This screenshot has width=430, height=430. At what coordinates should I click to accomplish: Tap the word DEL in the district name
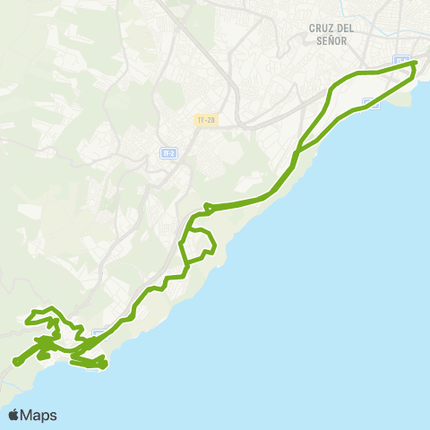346,28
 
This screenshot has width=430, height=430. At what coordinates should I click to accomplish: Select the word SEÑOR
331,40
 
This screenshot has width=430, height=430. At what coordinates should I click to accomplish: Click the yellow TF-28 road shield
205,120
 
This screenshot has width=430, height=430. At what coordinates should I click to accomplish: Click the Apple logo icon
14,415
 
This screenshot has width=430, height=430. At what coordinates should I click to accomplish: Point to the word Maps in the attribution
39,415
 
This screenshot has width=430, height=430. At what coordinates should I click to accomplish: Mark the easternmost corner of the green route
416,64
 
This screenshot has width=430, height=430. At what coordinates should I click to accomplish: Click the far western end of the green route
16,362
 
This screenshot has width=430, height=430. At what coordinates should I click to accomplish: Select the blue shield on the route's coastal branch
371,104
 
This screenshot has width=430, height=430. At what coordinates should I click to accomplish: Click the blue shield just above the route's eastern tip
402,61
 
